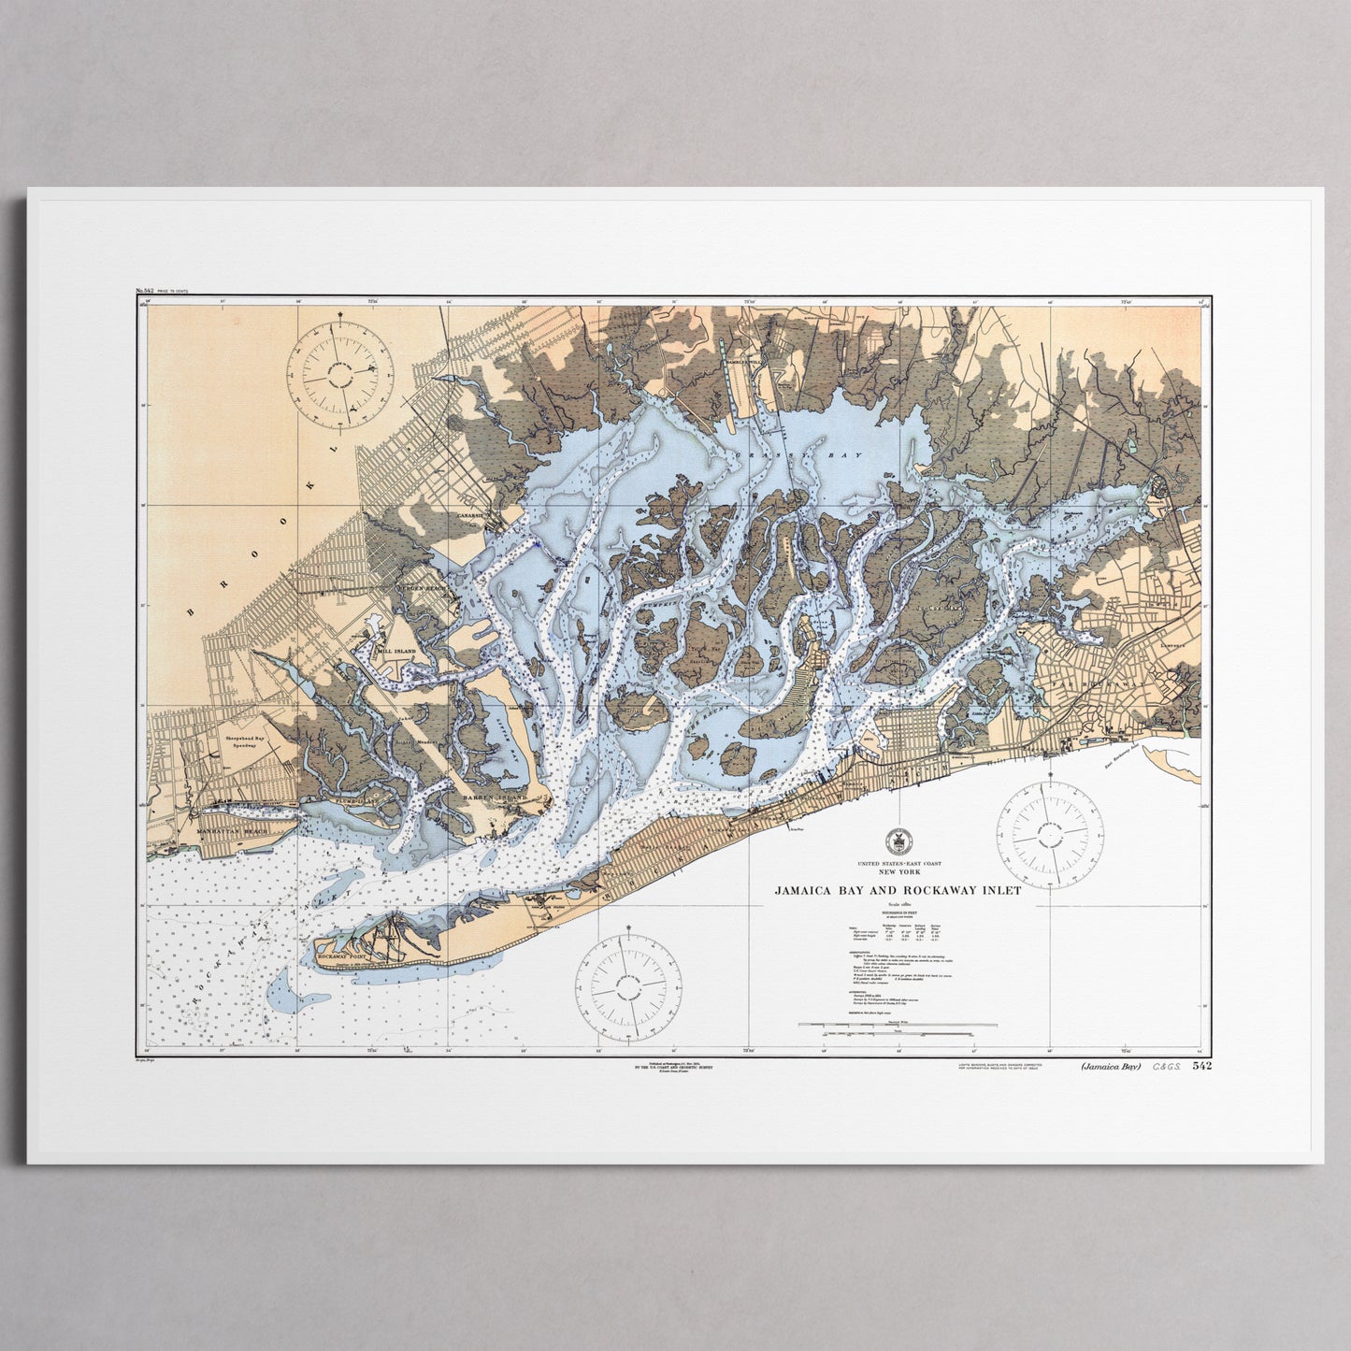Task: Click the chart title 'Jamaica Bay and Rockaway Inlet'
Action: click(897, 891)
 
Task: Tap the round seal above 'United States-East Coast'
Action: click(897, 838)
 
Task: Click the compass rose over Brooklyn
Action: click(338, 372)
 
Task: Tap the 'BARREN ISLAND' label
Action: click(496, 798)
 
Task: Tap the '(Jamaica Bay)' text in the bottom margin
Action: click(1111, 1066)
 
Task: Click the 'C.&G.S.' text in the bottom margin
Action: click(1166, 1066)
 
